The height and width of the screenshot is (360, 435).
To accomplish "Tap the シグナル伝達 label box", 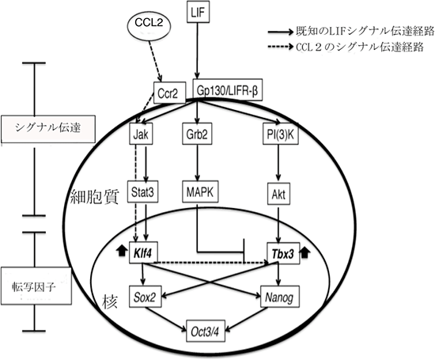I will pos(38,126).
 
